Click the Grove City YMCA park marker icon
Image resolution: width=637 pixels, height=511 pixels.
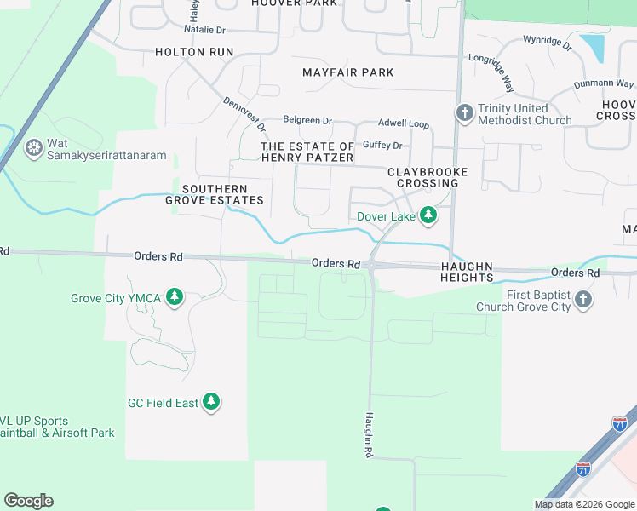point(175,297)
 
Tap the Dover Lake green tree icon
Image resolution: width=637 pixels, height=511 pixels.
point(428,216)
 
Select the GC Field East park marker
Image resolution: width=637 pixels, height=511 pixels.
point(211,402)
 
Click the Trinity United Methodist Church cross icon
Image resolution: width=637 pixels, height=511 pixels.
point(464,113)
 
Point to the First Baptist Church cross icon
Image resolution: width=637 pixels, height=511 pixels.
point(583,299)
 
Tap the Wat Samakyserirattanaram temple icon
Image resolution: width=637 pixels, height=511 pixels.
point(34,149)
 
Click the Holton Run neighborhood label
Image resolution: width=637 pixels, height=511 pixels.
point(194,52)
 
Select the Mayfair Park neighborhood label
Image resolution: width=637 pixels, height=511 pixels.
point(348,73)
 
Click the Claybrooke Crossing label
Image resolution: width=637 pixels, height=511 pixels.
point(428,177)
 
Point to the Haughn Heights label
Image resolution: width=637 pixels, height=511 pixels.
point(467,272)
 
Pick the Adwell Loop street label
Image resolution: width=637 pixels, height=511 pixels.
point(404,123)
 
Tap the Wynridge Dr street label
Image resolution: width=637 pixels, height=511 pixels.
point(547,40)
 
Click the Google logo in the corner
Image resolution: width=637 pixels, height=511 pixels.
point(28,501)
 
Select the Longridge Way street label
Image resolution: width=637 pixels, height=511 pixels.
point(491,72)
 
